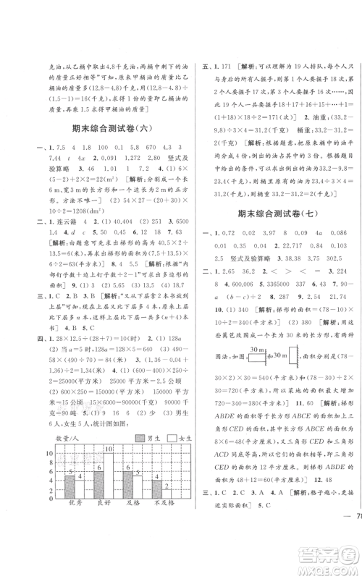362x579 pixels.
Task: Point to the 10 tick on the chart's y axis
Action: pyautogui.click(x=49, y=453)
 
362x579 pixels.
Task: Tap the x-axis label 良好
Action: pyautogui.click(x=101, y=502)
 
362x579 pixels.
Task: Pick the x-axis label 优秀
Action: pyautogui.click(x=72, y=502)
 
